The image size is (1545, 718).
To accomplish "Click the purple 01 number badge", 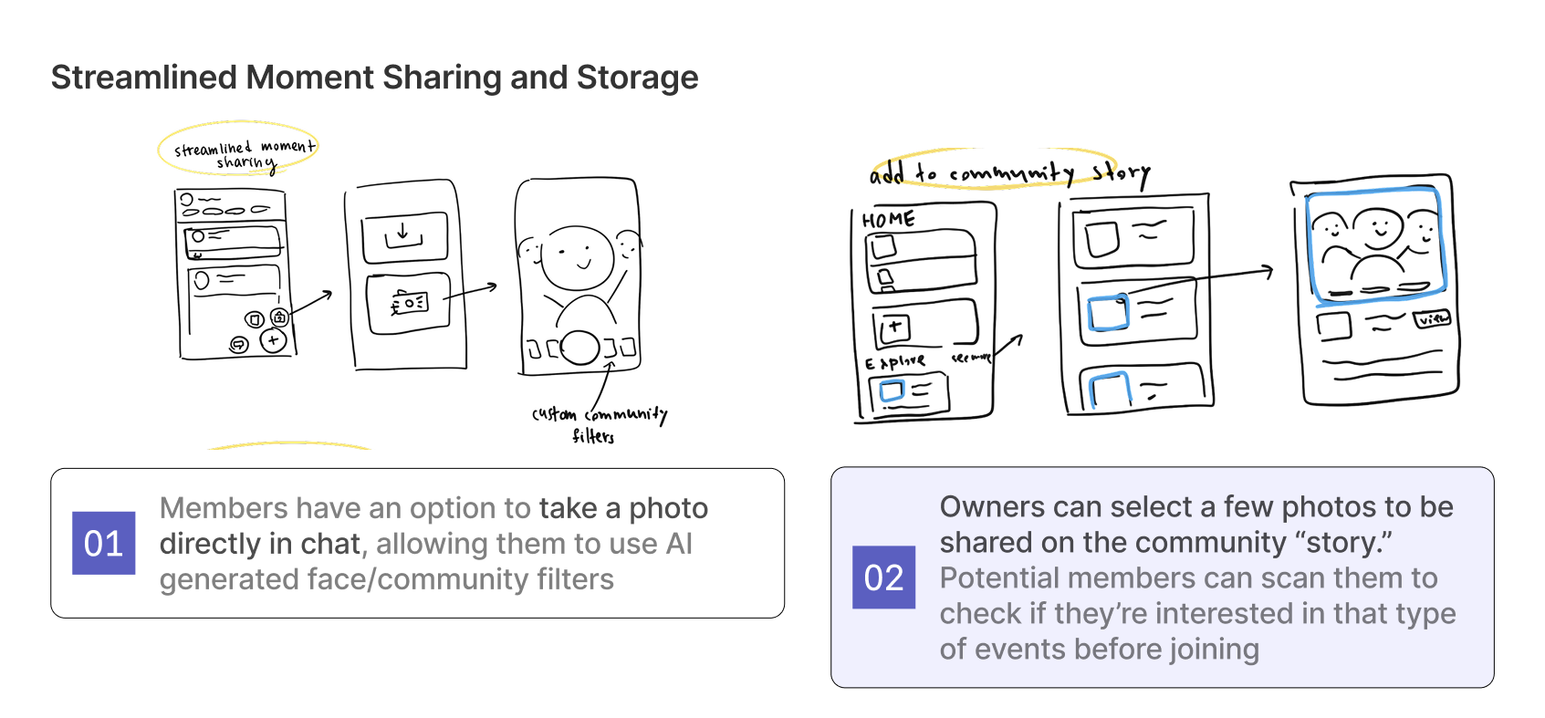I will [103, 543].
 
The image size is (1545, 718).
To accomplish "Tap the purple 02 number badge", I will [883, 578].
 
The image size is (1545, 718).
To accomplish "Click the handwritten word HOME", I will [888, 220].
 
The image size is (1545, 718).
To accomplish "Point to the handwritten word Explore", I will [895, 362].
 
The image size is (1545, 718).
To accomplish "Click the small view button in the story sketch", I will [1432, 319].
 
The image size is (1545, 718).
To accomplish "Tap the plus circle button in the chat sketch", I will [273, 340].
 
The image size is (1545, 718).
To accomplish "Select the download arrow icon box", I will [404, 237].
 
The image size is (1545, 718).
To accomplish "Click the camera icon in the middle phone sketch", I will [408, 303].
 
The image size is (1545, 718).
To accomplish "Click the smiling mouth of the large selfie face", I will [582, 265].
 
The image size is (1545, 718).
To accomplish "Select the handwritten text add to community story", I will [1008, 172].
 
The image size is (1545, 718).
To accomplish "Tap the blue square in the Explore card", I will [891, 391].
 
